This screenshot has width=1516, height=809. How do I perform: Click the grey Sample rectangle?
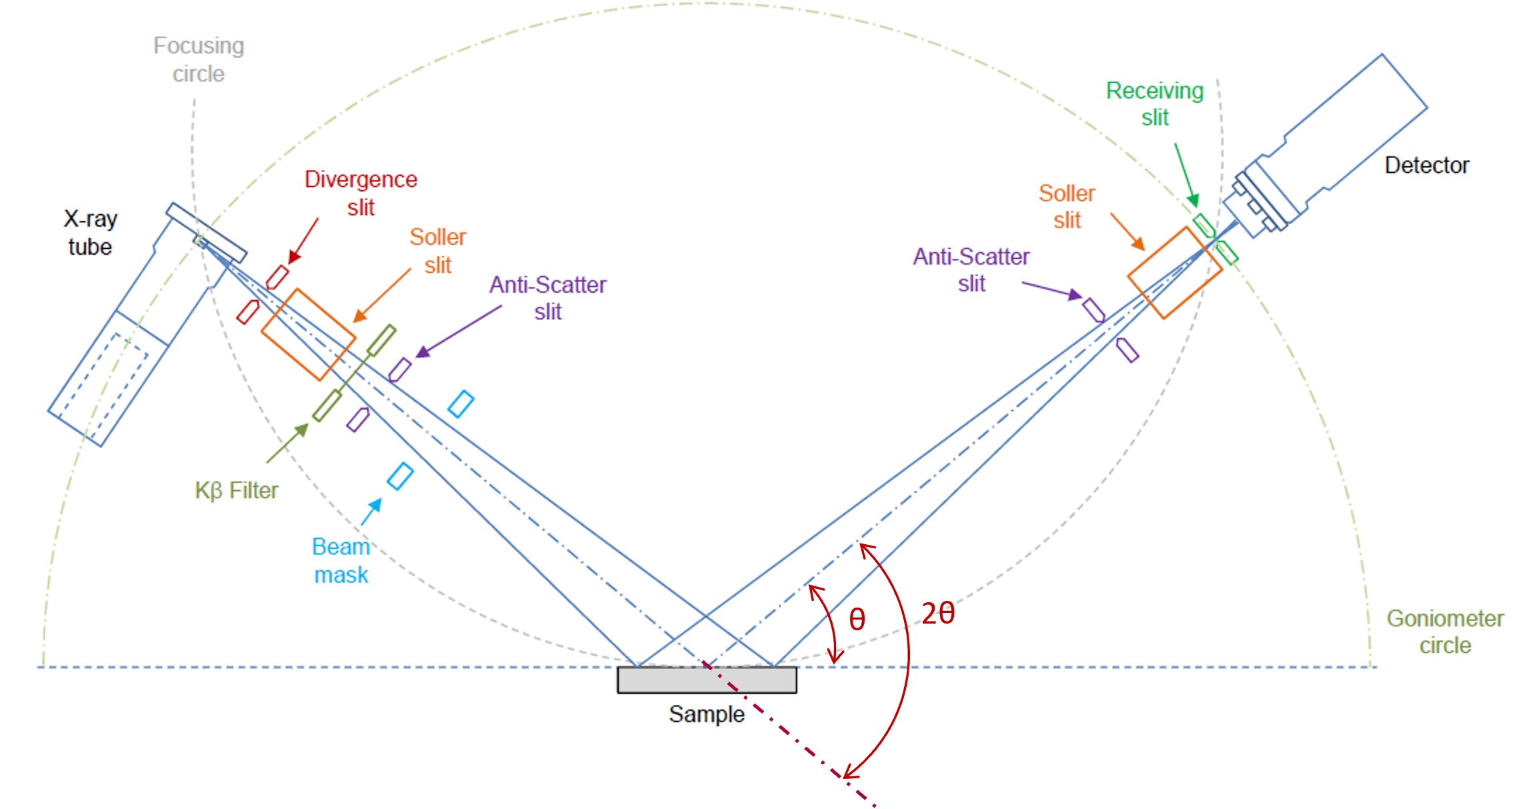[x=707, y=680]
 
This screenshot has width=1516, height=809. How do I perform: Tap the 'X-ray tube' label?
[x=90, y=233]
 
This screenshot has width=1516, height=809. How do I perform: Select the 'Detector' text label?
[x=1427, y=165]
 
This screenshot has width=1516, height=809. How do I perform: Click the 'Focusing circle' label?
[x=199, y=59]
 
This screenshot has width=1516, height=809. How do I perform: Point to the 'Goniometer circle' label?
[x=1445, y=632]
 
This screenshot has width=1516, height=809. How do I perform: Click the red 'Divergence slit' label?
[x=361, y=193]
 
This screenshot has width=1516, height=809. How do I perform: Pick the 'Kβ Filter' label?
[x=237, y=491]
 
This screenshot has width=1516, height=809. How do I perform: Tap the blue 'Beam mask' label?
[x=341, y=560]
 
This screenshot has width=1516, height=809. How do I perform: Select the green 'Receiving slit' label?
[x=1155, y=104]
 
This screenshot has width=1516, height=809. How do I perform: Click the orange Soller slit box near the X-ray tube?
[x=308, y=335]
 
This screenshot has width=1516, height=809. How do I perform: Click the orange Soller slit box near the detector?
[x=1175, y=273]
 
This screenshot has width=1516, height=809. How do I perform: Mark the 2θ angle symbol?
[x=938, y=613]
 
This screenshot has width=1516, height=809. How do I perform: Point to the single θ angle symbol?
[x=857, y=620]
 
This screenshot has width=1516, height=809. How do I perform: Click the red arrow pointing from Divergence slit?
[x=303, y=241]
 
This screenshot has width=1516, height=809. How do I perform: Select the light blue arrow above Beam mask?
[x=371, y=512]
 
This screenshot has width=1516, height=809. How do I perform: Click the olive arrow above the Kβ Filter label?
[x=287, y=443]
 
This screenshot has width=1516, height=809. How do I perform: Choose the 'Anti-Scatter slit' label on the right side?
[x=971, y=270]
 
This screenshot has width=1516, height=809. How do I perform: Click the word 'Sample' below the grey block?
[x=707, y=714]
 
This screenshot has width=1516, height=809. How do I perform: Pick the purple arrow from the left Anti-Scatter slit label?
[x=459, y=331]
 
